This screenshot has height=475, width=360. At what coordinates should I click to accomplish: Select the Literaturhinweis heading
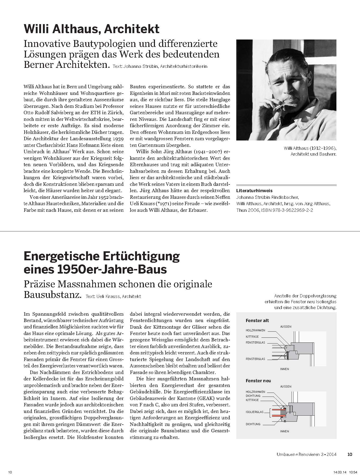[254, 191]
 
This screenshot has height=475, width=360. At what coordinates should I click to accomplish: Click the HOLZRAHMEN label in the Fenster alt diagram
[255, 331]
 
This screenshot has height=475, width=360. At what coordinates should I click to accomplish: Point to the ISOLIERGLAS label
[255, 412]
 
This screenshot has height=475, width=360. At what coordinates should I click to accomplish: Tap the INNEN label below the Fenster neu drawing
[285, 431]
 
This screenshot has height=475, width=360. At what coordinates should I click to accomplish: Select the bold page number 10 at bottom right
[349, 454]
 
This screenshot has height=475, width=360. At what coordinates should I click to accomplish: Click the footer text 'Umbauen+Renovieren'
[293, 454]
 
